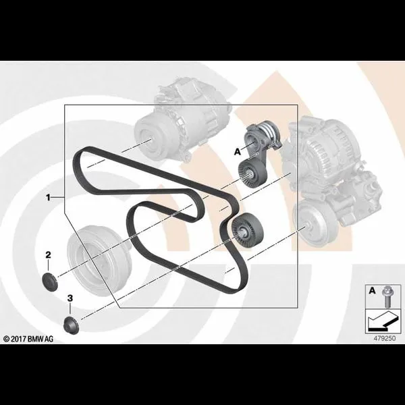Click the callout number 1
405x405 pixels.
coord(48,198)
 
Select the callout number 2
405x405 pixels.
coord(49,255)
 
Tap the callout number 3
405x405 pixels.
coord(70,298)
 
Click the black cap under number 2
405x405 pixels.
coord(49,281)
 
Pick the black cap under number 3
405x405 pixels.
coord(71,325)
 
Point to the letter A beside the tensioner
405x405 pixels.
coord(238,152)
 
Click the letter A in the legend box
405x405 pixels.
coord(372,291)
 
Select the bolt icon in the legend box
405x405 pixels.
coord(387,296)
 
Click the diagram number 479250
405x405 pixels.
coord(385,338)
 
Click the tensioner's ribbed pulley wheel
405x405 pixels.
coord(251,173)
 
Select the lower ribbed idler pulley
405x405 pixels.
coord(247,230)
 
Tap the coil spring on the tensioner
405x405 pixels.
coord(269,132)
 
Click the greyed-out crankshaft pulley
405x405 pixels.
coord(100,261)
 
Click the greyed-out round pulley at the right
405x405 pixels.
coord(315,223)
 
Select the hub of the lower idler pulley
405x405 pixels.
coord(243,230)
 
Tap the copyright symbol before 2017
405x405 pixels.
coord(7,339)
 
